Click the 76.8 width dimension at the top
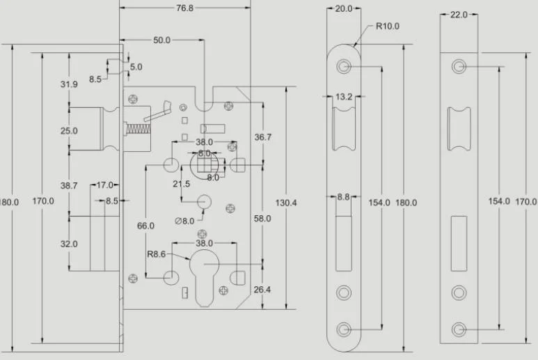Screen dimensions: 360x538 coord(183,8)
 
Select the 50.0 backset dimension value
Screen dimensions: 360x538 coord(161,40)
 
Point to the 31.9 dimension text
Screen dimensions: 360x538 coord(69,84)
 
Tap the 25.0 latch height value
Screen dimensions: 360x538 coord(69,130)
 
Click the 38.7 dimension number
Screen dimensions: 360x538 coord(69,186)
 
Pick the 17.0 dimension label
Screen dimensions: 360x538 coord(105,185)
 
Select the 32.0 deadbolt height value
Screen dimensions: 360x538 coord(69,244)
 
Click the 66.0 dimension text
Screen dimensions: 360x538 coord(145,226)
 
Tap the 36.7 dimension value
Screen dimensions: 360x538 coord(262,137)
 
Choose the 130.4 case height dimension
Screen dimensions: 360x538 coord(287,203)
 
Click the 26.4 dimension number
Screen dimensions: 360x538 coord(262,290)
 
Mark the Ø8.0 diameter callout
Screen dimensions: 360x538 coord(184,221)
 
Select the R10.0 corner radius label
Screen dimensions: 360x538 coord(388,27)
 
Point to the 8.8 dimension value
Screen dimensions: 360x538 coord(343,198)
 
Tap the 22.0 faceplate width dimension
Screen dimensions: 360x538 coord(459,15)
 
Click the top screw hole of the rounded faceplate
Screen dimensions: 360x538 coord(344,67)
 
